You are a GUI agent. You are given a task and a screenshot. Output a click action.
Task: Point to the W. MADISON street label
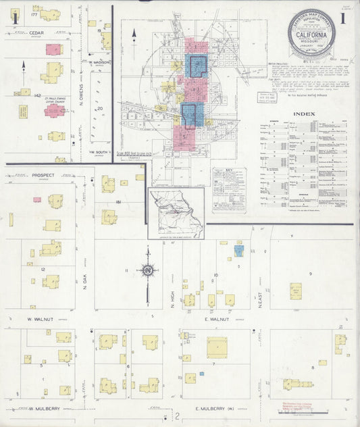pos(99,63)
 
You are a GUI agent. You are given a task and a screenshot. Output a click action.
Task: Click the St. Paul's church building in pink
pos(55,110)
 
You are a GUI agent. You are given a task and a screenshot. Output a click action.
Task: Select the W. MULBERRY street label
pos(45,408)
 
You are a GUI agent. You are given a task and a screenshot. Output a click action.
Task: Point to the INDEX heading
pos(303,114)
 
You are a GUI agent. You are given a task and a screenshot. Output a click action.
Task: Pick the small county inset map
pos(176,213)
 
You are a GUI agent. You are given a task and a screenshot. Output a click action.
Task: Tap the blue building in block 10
pos(238,251)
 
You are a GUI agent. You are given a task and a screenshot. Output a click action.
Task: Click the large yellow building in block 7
pos(217,347)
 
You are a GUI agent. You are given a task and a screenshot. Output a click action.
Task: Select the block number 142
pos(20,96)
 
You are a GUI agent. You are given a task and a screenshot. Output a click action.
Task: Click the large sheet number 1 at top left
pos(14,19)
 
